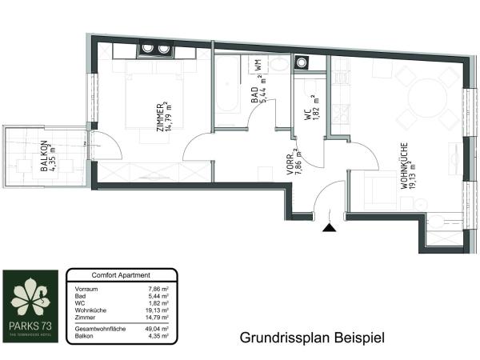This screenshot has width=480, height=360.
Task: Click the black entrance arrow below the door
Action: [329, 228]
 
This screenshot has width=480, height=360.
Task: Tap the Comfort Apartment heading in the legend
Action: [122, 274]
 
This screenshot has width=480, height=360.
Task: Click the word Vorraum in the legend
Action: [86, 288]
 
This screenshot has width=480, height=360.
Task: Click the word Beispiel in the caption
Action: [357, 338]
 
